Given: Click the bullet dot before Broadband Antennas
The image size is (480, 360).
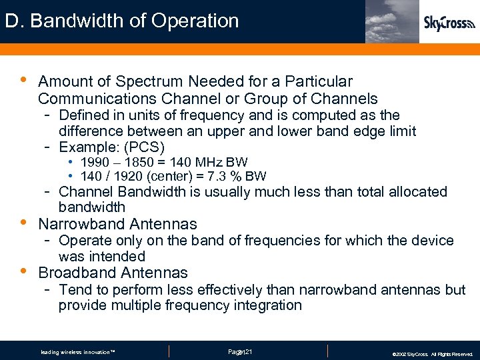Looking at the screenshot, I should [23, 271].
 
